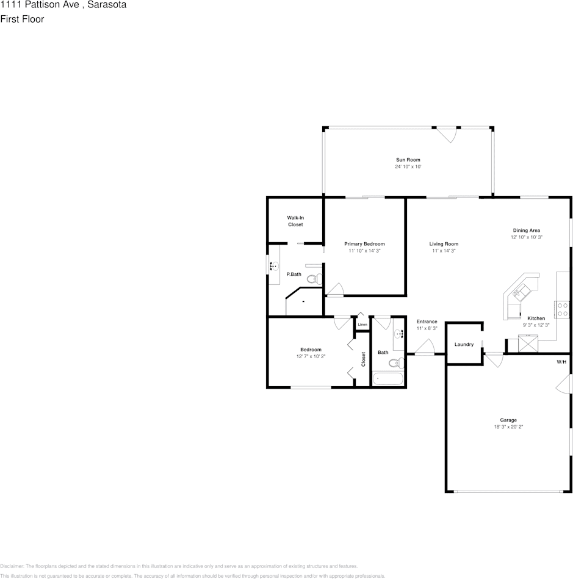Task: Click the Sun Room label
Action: (x=408, y=160)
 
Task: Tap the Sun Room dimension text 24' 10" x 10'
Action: (x=408, y=167)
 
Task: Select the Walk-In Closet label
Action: (x=295, y=221)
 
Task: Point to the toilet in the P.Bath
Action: (x=314, y=279)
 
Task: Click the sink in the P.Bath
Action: (x=274, y=266)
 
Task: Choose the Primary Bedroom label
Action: (x=364, y=244)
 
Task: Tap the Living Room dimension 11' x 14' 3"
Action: (x=444, y=251)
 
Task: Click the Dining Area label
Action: (x=527, y=231)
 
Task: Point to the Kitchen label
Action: (x=536, y=318)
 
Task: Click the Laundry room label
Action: (x=464, y=345)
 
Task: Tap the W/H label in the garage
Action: (x=561, y=362)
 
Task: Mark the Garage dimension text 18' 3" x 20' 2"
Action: (x=508, y=427)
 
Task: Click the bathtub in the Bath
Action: (x=388, y=379)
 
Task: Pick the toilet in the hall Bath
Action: (x=397, y=363)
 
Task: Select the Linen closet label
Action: (x=362, y=325)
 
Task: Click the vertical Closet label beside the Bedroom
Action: (x=363, y=359)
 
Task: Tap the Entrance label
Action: (x=427, y=322)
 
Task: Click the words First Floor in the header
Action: (x=22, y=19)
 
